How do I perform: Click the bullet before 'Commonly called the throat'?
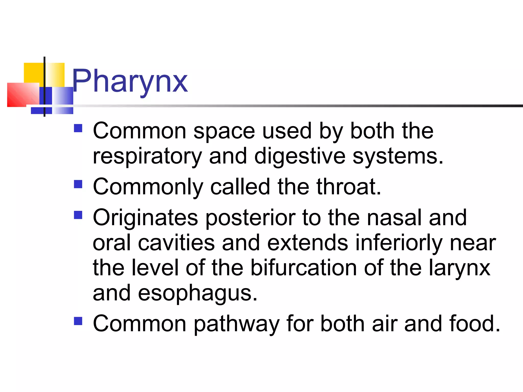tap(78, 184)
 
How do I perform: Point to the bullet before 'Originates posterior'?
tap(78, 215)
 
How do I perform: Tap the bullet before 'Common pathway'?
tap(78, 321)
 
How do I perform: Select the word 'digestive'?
tap(300, 156)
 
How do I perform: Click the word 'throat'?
tap(349, 187)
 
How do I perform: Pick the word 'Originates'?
tap(145, 217)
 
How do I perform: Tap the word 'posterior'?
tap(250, 217)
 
